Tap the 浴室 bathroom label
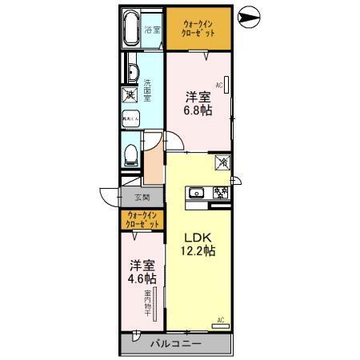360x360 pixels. pyautogui.click(x=153, y=30)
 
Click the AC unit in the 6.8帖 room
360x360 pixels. pyautogui.click(x=227, y=84)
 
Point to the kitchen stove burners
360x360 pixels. pyautogui.click(x=218, y=193)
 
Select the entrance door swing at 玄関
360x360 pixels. pyautogui.click(x=110, y=198)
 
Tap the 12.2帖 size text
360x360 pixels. pyautogui.click(x=199, y=251)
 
